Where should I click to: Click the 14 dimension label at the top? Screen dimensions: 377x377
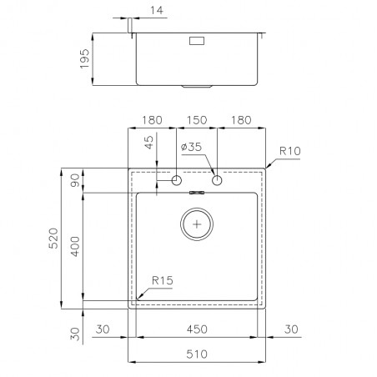(157, 10)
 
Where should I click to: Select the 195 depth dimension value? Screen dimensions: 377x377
(84, 58)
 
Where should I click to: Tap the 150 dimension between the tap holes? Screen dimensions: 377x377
(197, 120)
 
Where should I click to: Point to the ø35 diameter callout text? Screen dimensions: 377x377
(191, 147)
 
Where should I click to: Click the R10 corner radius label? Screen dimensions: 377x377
(290, 151)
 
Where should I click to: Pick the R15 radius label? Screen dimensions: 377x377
(163, 280)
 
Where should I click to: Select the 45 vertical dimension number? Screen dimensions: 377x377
(149, 142)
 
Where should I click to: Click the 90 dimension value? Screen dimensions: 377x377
(75, 180)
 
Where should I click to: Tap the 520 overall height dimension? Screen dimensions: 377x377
(53, 239)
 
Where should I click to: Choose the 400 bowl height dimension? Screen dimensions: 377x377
(75, 246)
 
